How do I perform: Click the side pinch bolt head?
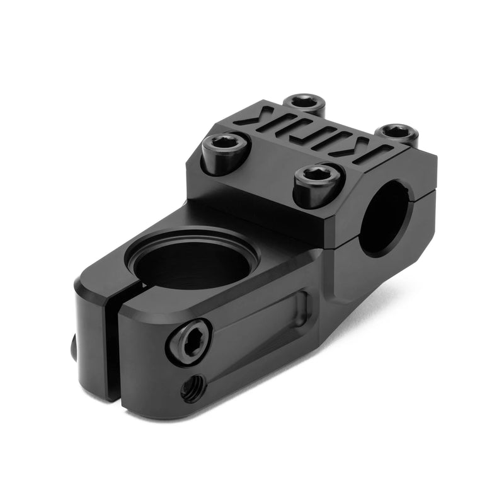(188, 341)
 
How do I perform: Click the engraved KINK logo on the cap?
(309, 135)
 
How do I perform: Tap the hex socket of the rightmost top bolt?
(395, 131)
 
